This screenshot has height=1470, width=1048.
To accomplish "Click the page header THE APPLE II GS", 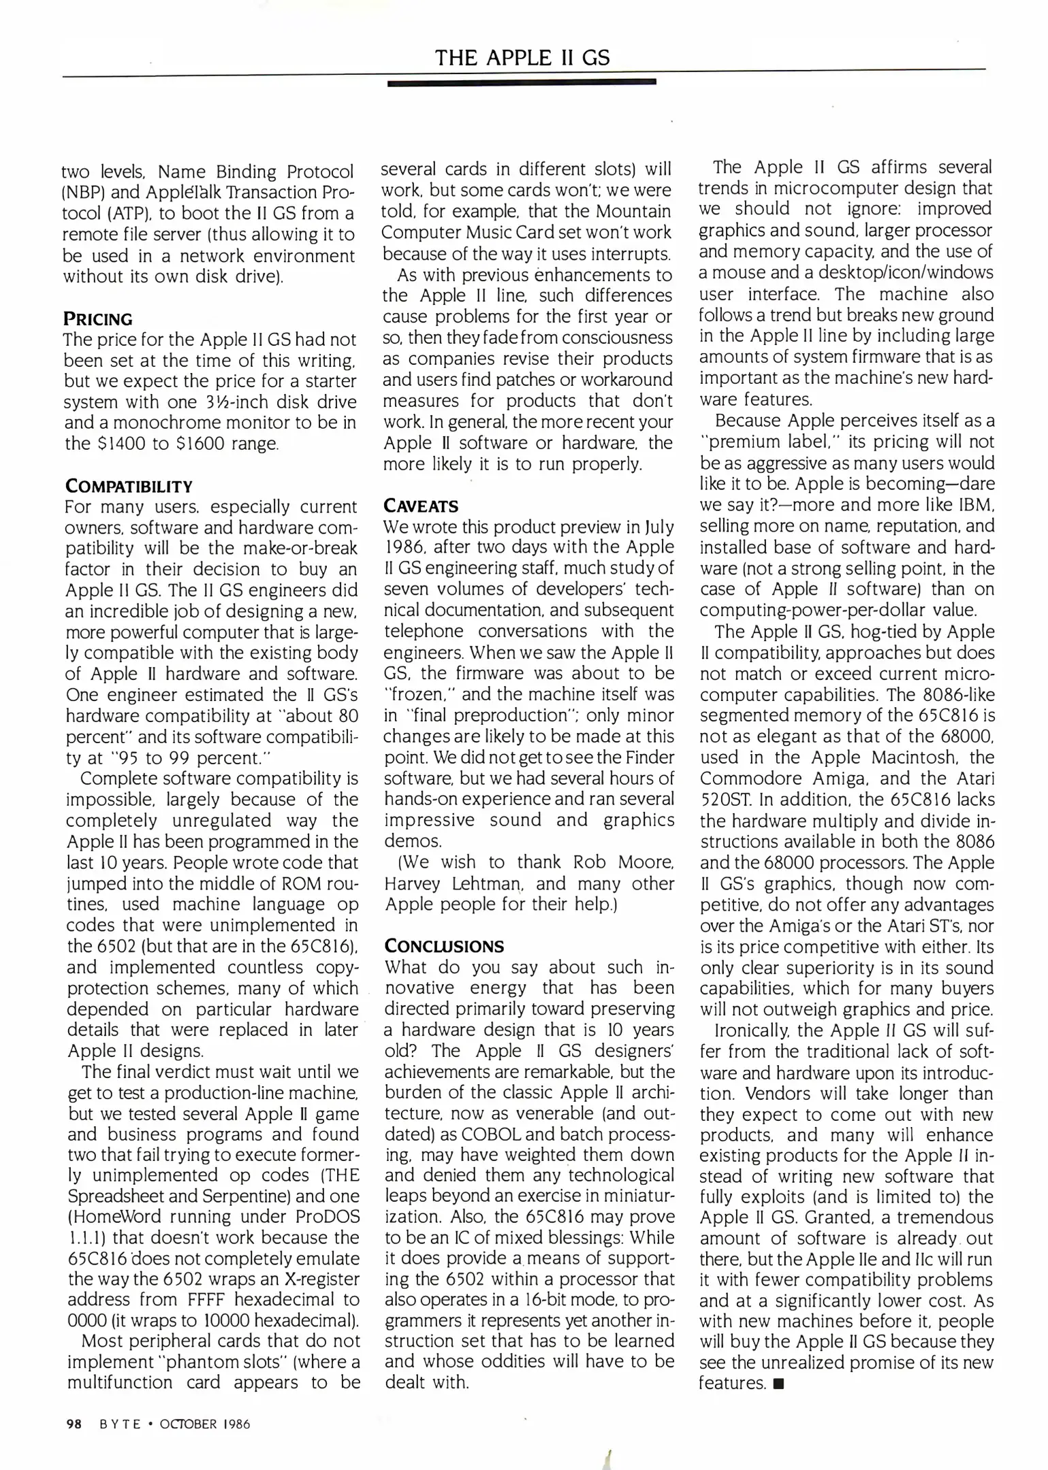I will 522,57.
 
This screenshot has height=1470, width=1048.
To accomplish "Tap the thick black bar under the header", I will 521,82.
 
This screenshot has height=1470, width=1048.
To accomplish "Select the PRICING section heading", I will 98,318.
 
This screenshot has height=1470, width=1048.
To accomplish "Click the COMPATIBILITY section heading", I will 129,486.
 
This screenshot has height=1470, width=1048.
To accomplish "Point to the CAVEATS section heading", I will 421,506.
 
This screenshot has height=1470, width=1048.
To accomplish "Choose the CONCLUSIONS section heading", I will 444,946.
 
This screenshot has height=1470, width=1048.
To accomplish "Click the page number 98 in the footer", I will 74,1424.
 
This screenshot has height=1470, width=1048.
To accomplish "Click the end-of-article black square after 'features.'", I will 779,1384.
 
